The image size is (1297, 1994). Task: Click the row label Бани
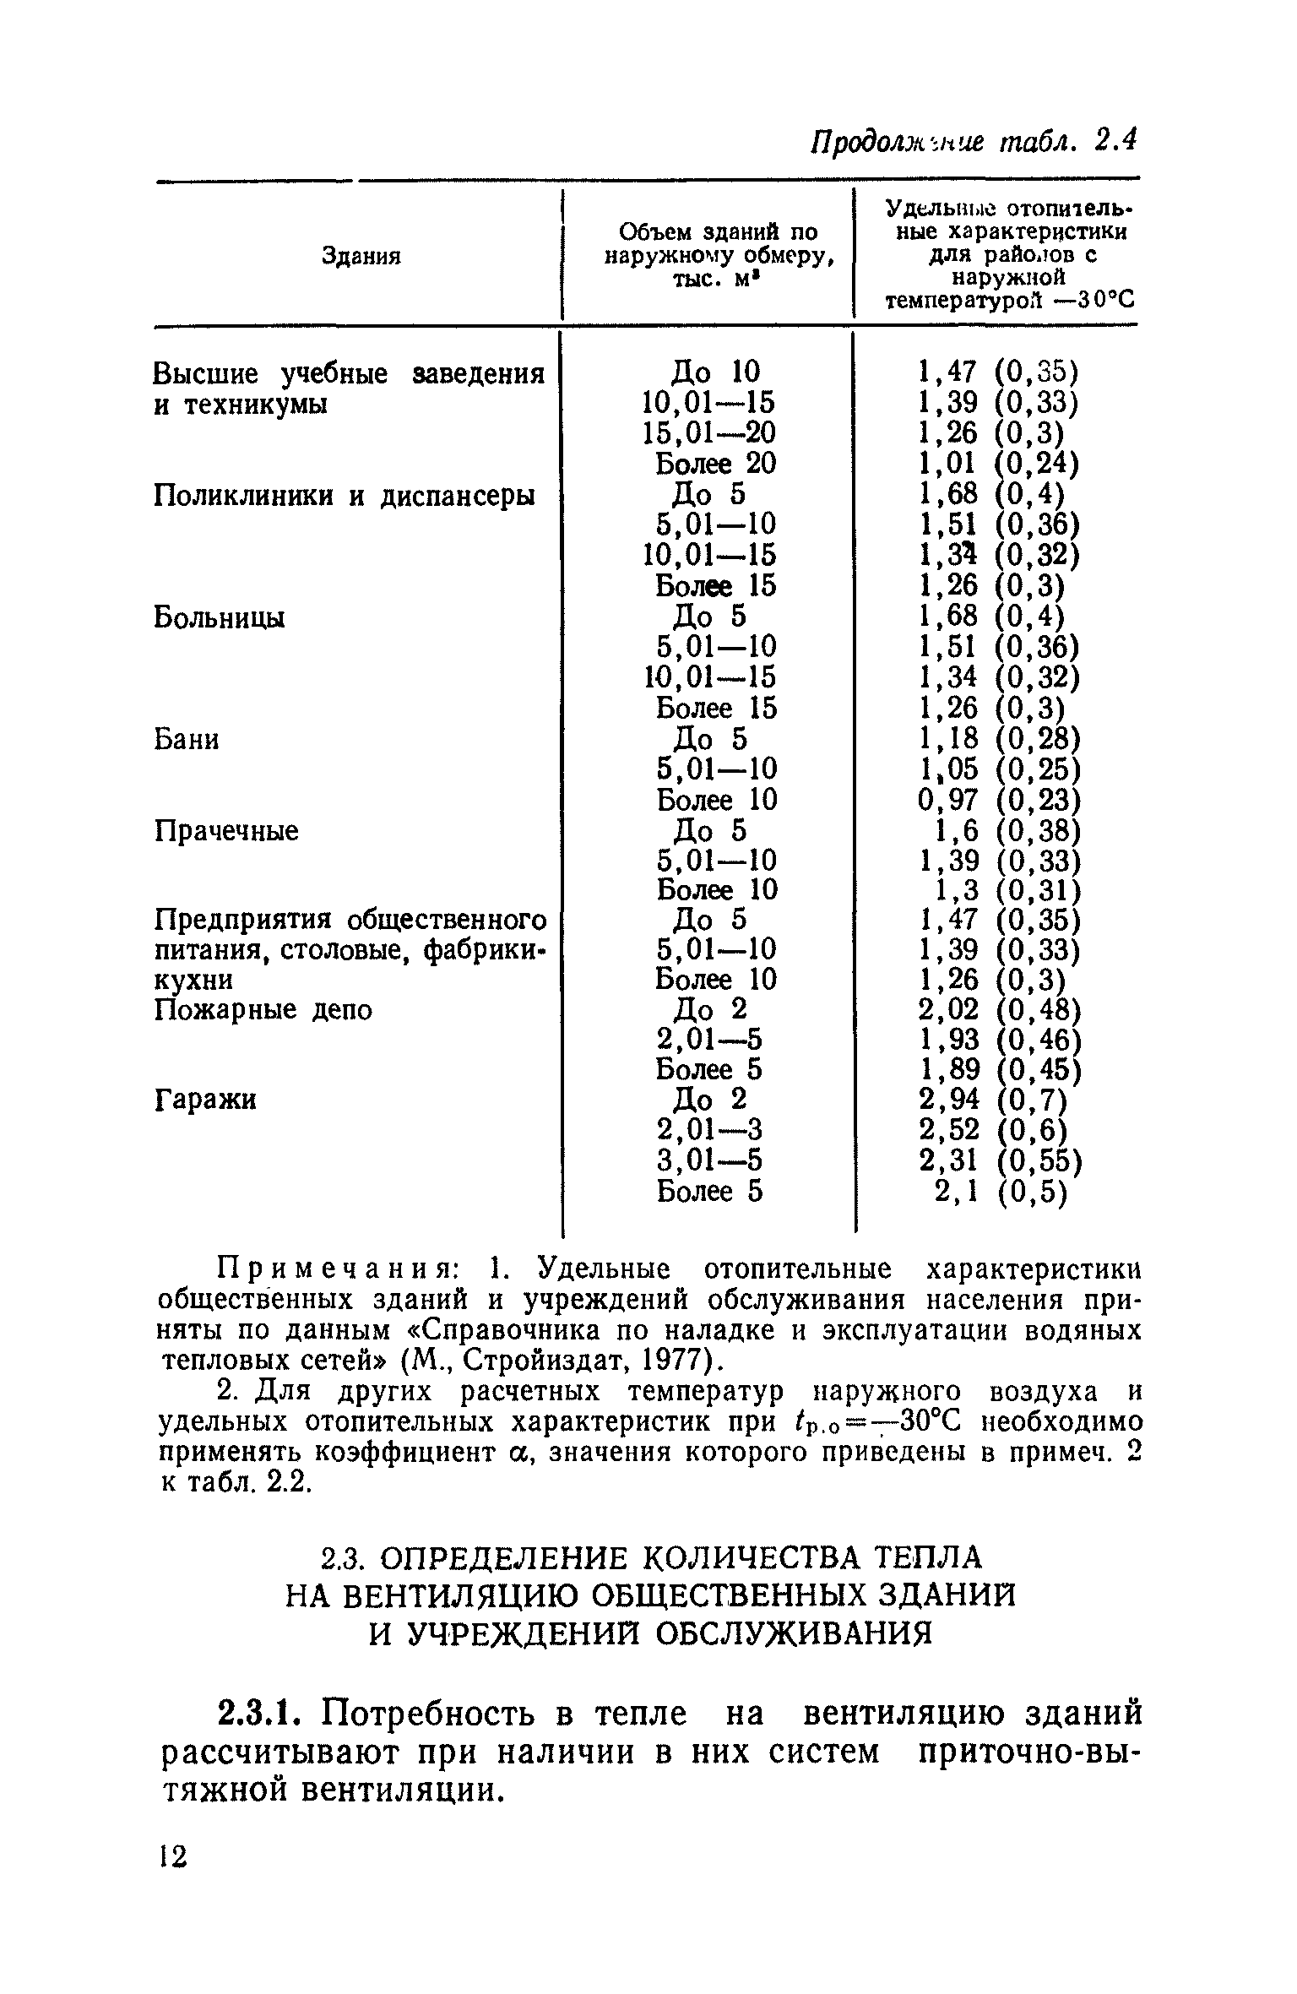(187, 740)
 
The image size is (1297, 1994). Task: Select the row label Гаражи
(205, 1100)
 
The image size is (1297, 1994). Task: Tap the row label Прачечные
(226, 832)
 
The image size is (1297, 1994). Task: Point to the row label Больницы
(220, 618)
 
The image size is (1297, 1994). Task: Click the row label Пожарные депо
(263, 1010)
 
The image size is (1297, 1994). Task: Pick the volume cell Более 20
(715, 464)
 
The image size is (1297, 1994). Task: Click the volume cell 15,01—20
(708, 432)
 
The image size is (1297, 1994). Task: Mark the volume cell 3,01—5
(709, 1160)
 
